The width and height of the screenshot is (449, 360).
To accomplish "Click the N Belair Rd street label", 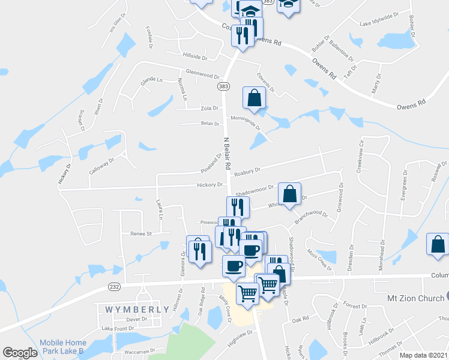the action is (x=228, y=152).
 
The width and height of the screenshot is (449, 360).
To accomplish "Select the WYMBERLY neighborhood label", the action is (x=129, y=310).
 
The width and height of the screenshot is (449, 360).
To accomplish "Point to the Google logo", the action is (x=20, y=353).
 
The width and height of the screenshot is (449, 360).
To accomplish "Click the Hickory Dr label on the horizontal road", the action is (x=210, y=185).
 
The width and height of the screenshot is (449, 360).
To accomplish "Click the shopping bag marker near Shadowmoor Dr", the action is (x=289, y=194).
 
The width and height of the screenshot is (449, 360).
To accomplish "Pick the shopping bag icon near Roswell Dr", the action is (x=438, y=245).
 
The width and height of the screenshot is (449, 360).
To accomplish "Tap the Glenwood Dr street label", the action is (x=203, y=76).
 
